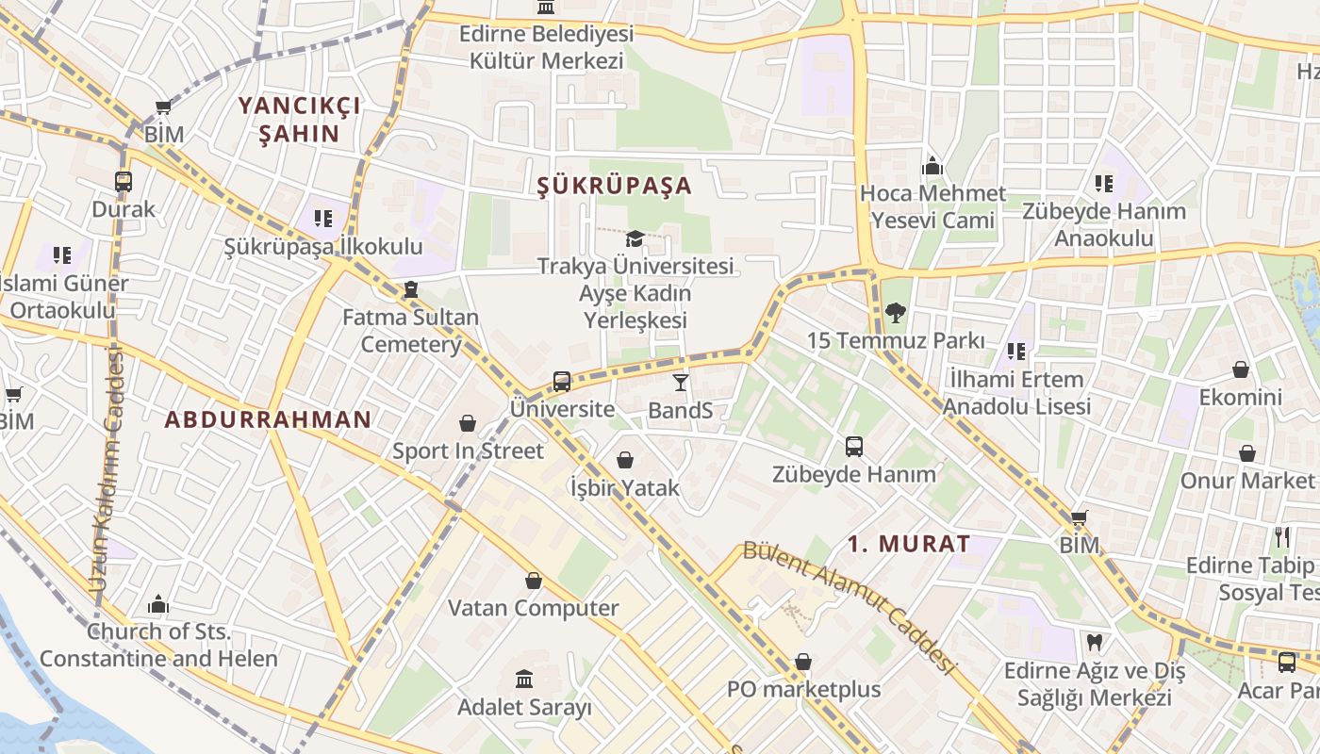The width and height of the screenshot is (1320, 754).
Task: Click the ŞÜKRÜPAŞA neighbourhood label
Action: coord(614,186)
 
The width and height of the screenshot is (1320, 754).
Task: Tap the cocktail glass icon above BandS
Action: coord(680,382)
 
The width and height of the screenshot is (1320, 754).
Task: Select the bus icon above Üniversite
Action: coord(562,381)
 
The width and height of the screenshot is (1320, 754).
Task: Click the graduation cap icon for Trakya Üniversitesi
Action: coord(635,238)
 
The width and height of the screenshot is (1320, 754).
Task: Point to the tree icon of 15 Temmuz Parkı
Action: coord(896,312)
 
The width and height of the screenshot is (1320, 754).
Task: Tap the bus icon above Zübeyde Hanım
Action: coord(854,446)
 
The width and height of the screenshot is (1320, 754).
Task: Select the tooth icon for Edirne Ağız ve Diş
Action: coord(1094,643)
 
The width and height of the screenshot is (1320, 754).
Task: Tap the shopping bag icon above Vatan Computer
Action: coord(534,581)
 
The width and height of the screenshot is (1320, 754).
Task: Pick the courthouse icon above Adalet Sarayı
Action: coord(524,679)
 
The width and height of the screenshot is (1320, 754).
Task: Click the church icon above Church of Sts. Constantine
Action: coord(158,603)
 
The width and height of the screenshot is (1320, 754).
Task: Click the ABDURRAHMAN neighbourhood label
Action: coord(268,420)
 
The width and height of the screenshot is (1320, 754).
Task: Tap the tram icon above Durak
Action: coord(124,181)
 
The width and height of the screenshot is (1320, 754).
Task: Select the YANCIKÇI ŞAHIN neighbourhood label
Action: coord(299,119)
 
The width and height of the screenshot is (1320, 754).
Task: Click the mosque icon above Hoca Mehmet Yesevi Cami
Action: coord(932,166)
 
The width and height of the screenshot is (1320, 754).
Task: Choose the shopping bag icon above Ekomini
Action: coord(1241,369)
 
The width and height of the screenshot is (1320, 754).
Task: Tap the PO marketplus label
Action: coord(803,689)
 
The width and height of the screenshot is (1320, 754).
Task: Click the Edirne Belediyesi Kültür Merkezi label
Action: coord(547,47)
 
